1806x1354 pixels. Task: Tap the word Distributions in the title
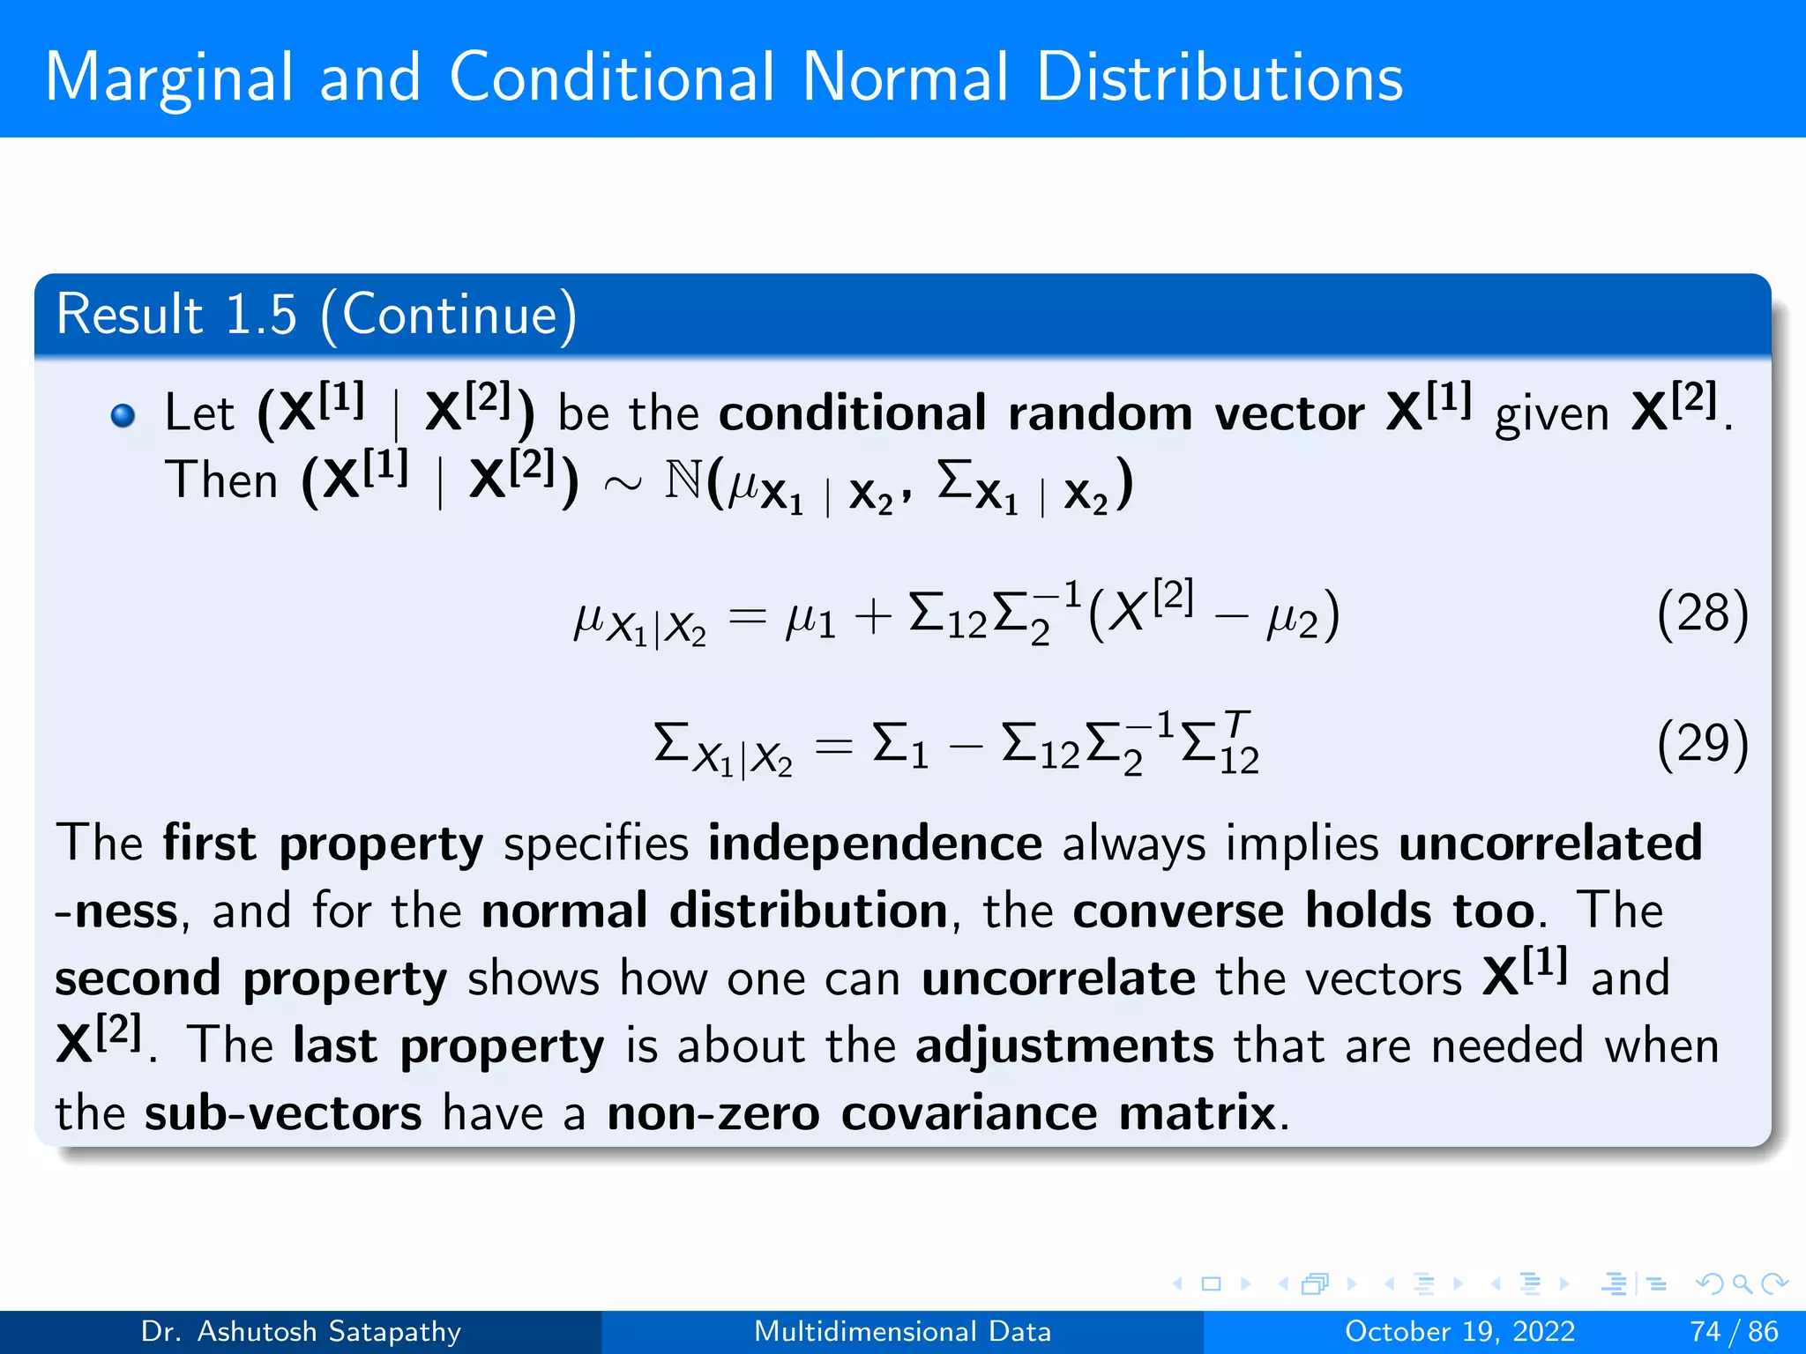click(1219, 78)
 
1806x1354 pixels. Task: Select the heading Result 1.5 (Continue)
click(316, 314)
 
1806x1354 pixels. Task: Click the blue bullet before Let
click(123, 415)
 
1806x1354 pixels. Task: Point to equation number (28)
click(1701, 614)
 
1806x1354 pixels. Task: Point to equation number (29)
click(1701, 744)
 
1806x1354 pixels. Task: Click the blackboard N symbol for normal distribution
click(683, 481)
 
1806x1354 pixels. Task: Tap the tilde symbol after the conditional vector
click(622, 485)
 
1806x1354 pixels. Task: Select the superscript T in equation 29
click(1236, 724)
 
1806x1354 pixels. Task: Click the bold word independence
click(875, 844)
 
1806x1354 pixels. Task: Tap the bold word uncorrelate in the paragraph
click(1058, 978)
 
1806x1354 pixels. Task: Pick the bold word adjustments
click(1064, 1046)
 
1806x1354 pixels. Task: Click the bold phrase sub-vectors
click(283, 1113)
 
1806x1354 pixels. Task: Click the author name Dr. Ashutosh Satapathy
click(301, 1331)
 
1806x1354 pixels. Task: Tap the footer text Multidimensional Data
click(902, 1331)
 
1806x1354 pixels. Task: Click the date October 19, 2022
click(1459, 1331)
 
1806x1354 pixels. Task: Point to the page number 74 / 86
click(1734, 1331)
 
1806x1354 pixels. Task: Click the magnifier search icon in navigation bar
click(1742, 1283)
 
